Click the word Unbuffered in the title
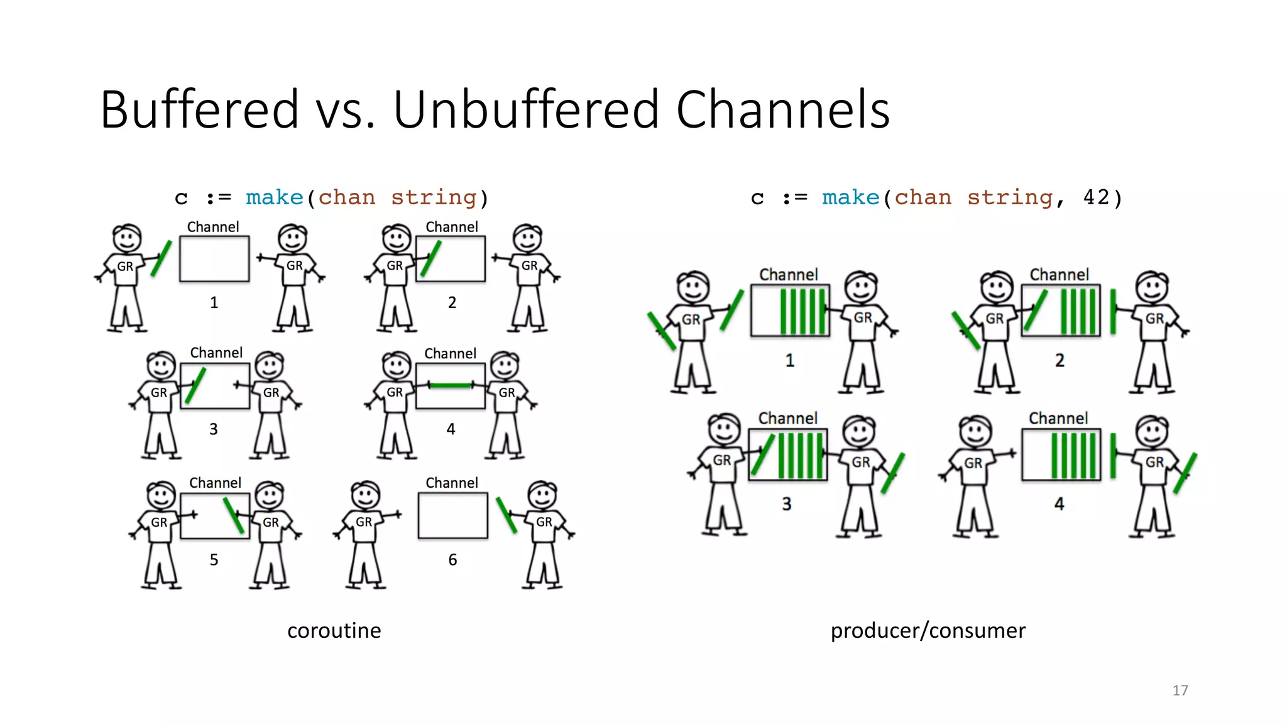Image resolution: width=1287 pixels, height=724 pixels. pyautogui.click(x=525, y=110)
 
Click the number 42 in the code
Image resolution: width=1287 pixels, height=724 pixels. pyautogui.click(x=1097, y=197)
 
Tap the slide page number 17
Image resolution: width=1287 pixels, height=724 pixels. pyautogui.click(x=1180, y=691)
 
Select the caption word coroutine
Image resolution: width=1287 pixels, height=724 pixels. pyautogui.click(x=334, y=630)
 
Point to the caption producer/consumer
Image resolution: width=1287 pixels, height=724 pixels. pyautogui.click(x=928, y=630)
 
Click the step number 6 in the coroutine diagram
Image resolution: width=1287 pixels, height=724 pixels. pyautogui.click(x=452, y=560)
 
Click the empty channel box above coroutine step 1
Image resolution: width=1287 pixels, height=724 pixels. pyautogui.click(x=214, y=259)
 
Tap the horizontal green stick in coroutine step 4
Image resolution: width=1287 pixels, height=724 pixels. pyautogui.click(x=451, y=385)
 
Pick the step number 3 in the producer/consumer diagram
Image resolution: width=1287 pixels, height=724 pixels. pyautogui.click(x=786, y=504)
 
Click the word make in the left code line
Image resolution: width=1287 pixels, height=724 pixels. pyautogui.click(x=275, y=197)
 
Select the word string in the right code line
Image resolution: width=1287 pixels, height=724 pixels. pyautogui.click(x=1009, y=197)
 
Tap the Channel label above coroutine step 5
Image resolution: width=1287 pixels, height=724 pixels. pyautogui.click(x=215, y=483)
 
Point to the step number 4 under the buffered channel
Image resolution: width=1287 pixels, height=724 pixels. pyautogui.click(x=1059, y=504)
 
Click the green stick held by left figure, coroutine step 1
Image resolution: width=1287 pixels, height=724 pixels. pyautogui.click(x=161, y=258)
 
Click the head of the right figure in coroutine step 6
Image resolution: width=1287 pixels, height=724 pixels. pyautogui.click(x=542, y=496)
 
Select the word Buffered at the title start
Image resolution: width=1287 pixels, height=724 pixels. pyautogui.click(x=199, y=110)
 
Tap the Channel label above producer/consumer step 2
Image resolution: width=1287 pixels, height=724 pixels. pyautogui.click(x=1059, y=275)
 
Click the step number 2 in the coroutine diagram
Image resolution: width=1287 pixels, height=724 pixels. pyautogui.click(x=452, y=302)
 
